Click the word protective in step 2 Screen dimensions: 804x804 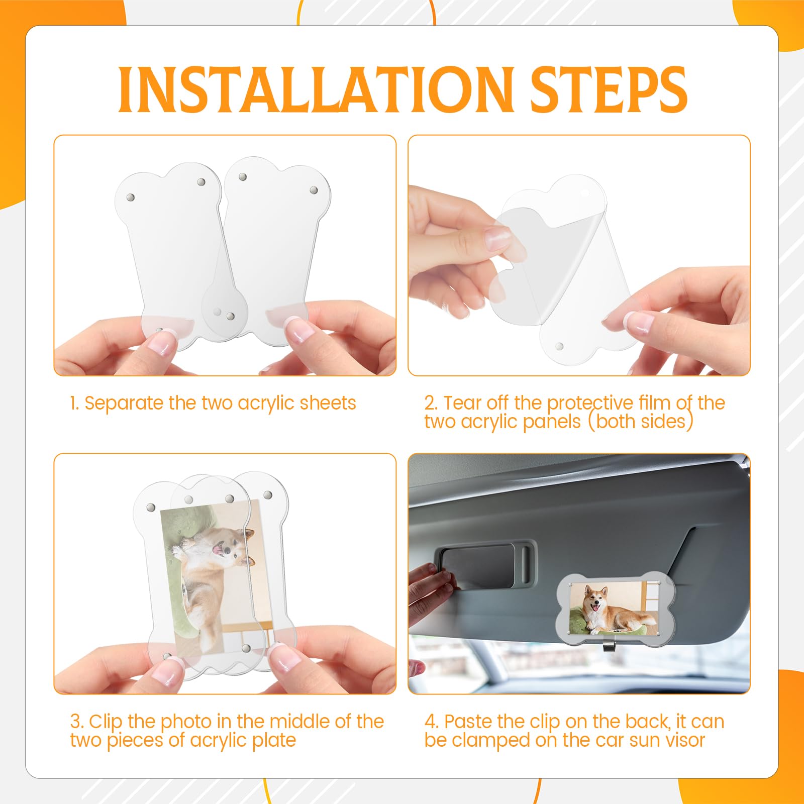590,403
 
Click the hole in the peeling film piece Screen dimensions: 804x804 584,193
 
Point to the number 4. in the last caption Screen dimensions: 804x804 432,722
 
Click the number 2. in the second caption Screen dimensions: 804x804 432,403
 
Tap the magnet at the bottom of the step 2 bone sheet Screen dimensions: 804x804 559,346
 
